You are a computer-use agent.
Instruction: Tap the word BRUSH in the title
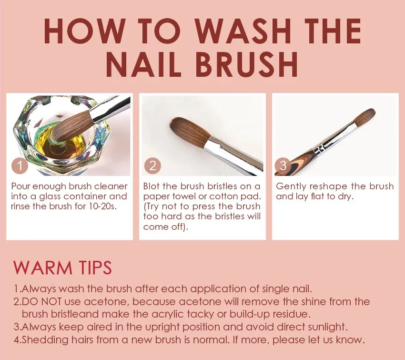pos(246,64)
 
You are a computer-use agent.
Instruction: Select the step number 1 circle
pos(20,165)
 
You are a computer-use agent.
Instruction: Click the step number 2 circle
pos(152,165)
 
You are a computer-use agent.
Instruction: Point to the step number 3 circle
pos(283,165)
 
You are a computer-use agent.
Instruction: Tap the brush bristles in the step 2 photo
pos(189,131)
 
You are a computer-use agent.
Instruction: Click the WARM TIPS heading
pos(62,267)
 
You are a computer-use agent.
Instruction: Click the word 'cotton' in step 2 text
pos(223,196)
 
